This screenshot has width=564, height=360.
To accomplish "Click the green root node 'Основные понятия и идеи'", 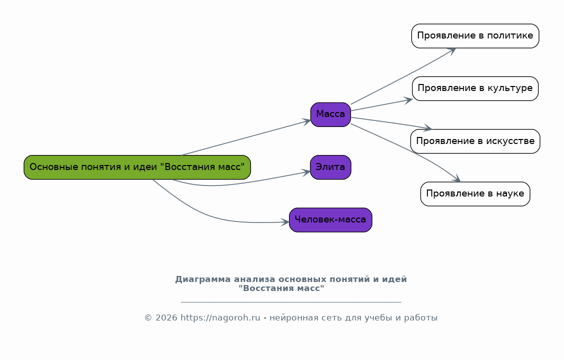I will click(137, 167).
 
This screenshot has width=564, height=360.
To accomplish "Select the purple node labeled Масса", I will click(330, 114).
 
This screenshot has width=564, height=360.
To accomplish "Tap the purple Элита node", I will click(330, 167).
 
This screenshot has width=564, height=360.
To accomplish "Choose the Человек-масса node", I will click(330, 220).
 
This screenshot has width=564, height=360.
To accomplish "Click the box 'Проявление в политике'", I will click(475, 36).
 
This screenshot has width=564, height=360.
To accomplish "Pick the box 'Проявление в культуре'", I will click(475, 88).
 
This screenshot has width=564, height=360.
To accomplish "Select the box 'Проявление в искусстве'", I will click(475, 141).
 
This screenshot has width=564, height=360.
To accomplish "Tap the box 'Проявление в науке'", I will click(475, 193).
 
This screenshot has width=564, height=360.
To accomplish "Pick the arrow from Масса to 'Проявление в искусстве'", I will click(390, 123).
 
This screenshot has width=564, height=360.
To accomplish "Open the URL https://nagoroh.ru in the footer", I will click(220, 318).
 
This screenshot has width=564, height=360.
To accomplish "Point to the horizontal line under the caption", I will click(290, 302).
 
